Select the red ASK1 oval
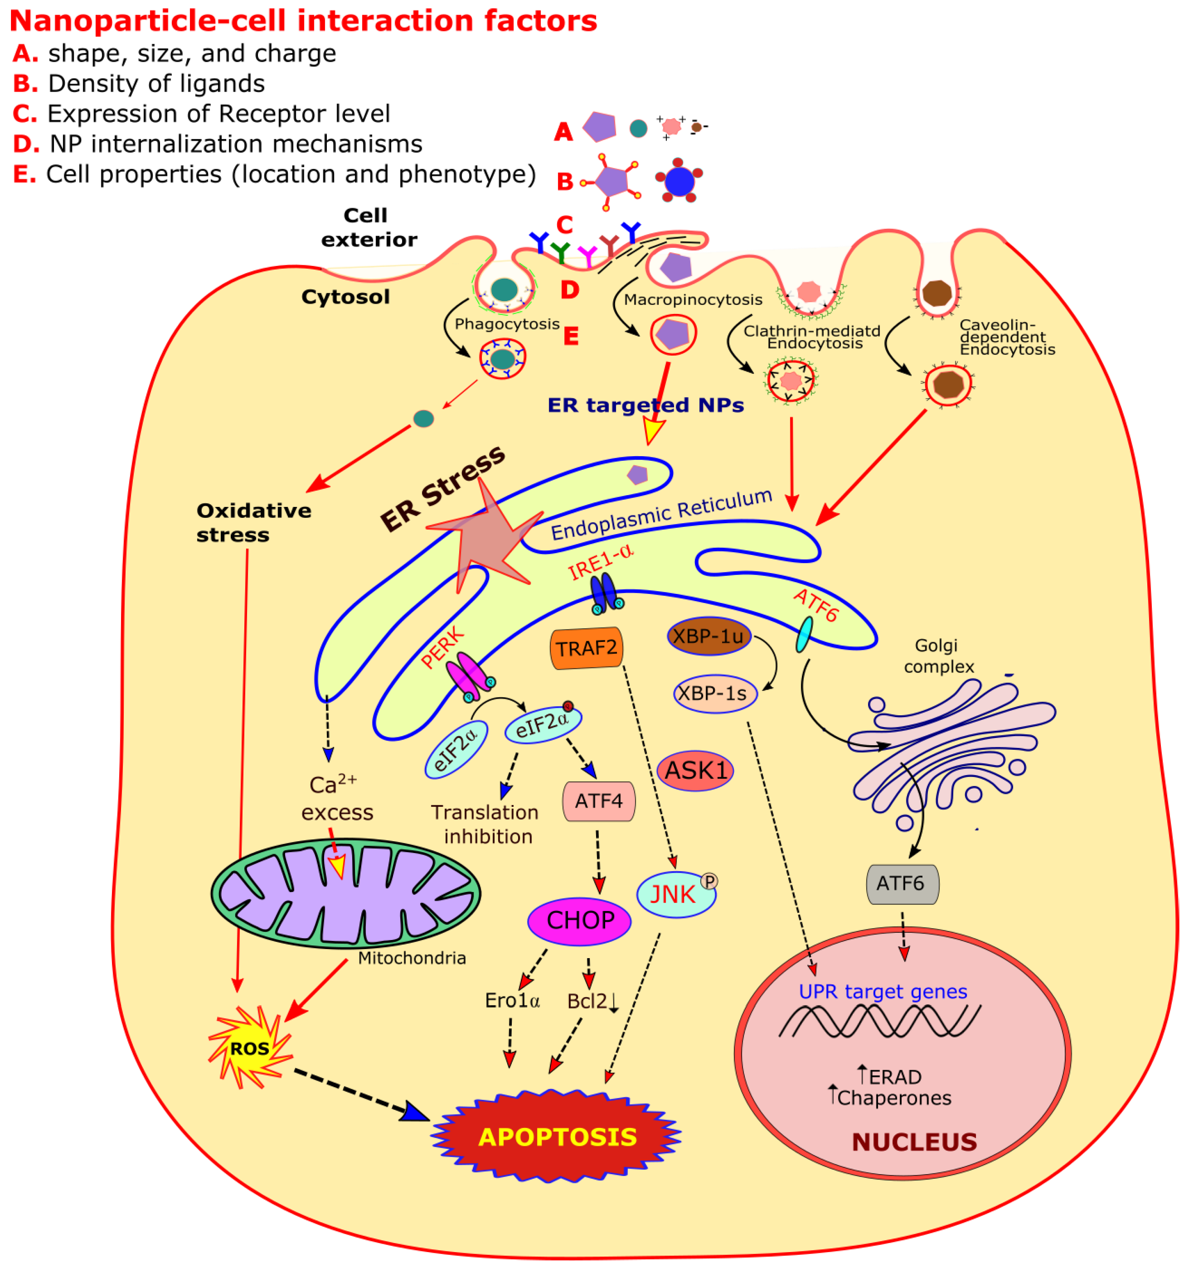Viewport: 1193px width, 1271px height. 695,771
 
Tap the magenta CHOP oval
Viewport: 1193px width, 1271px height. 579,921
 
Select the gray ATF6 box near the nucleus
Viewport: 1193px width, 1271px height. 901,884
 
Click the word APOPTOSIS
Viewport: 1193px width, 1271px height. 557,1137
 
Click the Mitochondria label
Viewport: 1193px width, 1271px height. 412,958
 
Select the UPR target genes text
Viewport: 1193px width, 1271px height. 882,991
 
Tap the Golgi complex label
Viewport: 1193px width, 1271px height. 938,656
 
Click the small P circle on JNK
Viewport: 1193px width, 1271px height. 709,881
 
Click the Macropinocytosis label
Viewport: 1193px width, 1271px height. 693,300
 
